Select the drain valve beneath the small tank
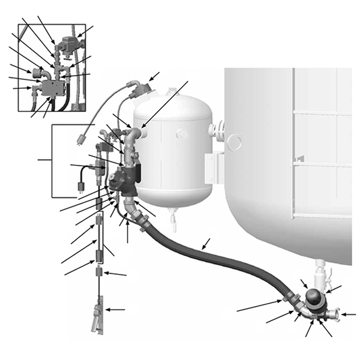(x=173, y=222)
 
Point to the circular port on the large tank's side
(x=234, y=142)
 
